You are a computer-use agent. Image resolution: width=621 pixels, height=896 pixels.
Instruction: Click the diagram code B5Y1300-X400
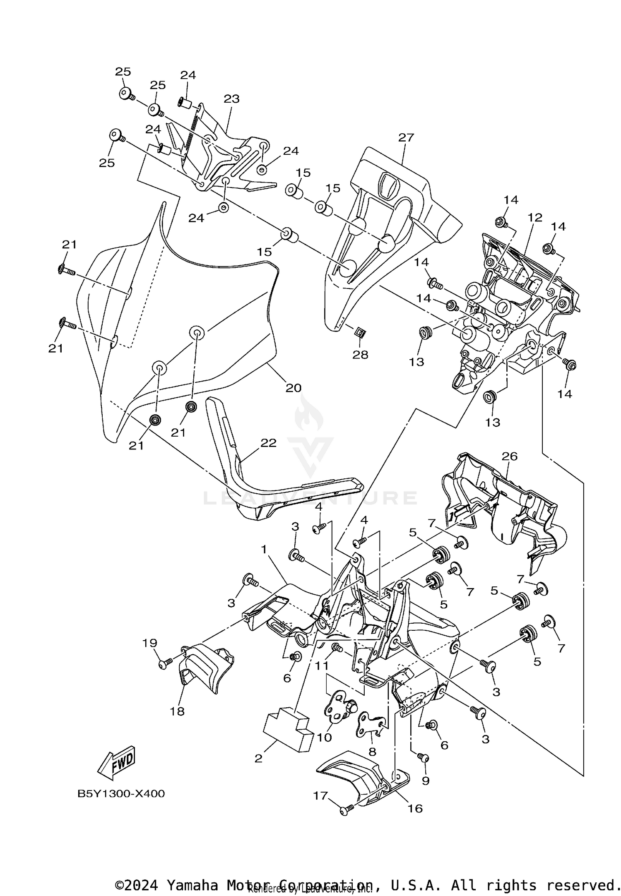(x=121, y=793)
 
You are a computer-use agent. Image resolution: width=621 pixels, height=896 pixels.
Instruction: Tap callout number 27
(x=406, y=137)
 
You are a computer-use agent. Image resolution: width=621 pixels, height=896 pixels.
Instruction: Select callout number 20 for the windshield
(x=293, y=388)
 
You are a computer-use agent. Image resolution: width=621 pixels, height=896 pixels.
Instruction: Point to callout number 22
(x=268, y=443)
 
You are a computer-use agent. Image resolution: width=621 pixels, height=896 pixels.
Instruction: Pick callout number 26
(x=510, y=456)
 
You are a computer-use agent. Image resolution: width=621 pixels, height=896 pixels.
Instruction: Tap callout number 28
(x=360, y=355)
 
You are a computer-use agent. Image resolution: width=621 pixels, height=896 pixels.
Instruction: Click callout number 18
(x=177, y=711)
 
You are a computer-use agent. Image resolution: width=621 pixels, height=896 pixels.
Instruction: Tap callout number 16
(x=415, y=808)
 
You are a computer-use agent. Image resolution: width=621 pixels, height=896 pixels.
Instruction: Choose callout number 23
(x=231, y=99)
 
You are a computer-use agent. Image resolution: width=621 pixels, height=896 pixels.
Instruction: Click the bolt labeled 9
(x=423, y=757)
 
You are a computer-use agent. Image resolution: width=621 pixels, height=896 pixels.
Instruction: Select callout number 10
(x=325, y=737)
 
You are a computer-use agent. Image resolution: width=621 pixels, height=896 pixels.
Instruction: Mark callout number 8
(x=372, y=751)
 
